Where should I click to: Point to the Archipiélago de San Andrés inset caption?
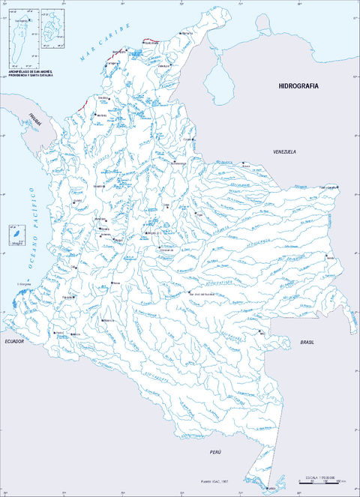30,73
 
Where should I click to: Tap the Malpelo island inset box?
13,235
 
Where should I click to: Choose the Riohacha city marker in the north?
181,33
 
